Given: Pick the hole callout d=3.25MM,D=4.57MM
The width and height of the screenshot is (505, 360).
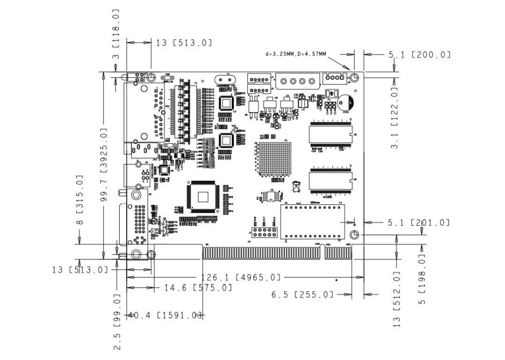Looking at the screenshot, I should (x=295, y=54).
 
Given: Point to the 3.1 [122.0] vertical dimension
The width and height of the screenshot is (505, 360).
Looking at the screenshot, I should (x=395, y=117).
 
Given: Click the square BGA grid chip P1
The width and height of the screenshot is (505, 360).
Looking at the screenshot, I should (x=273, y=158).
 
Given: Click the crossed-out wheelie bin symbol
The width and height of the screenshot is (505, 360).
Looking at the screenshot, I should (x=296, y=187).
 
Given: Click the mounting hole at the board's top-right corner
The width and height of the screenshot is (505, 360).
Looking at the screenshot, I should (x=355, y=77).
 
